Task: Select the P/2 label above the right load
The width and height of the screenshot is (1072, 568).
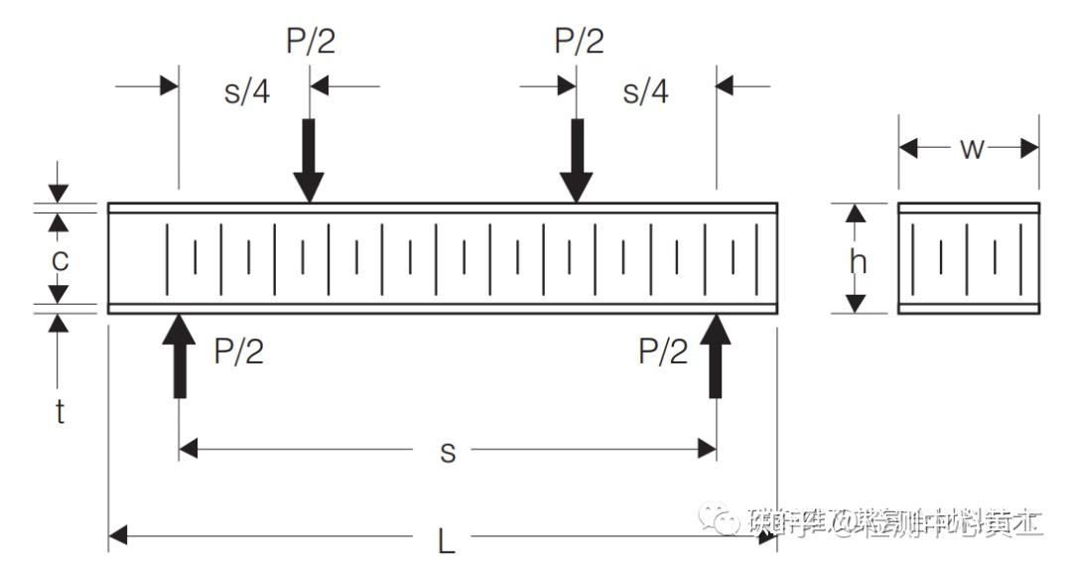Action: [579, 42]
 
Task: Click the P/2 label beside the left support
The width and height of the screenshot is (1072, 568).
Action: [239, 352]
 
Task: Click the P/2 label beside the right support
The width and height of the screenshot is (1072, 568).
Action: [663, 352]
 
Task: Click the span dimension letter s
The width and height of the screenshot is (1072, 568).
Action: [448, 452]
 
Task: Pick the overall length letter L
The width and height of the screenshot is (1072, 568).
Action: [447, 541]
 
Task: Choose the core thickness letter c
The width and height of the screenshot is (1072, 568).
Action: [60, 260]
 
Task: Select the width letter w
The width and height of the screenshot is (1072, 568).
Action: [972, 149]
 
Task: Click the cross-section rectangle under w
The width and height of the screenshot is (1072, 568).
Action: [969, 258]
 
